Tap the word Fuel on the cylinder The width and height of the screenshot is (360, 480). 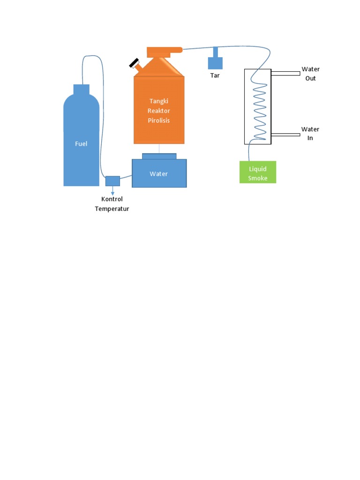pos(81,144)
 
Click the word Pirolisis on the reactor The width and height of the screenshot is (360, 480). pos(159,120)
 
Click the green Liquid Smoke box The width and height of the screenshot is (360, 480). pos(258,172)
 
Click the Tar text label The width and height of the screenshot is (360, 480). pos(215,75)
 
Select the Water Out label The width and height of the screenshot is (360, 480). pos(310,74)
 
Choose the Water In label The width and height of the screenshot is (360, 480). pos(310,134)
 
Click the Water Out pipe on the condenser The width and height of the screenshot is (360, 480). pos(285,73)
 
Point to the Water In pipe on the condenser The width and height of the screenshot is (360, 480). pos(285,135)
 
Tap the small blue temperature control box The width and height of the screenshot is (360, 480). pos(112,180)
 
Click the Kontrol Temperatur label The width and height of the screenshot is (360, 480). pos(112,204)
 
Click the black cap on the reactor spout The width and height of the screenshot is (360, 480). pos(135,63)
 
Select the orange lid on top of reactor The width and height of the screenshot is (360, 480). pos(164,51)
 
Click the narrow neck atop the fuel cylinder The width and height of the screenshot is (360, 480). pos(82,90)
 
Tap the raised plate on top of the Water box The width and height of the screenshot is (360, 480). pos(159,156)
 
